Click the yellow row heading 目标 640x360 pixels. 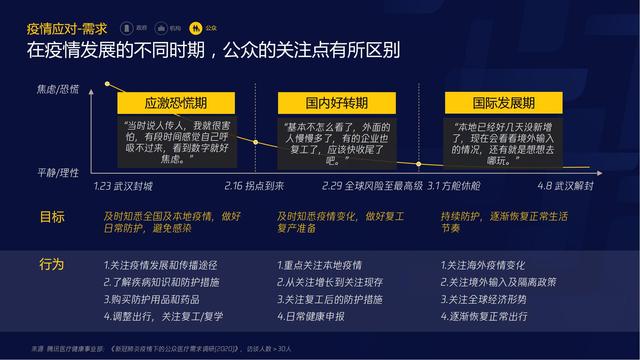[x=52, y=216]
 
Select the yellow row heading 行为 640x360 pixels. [x=52, y=265]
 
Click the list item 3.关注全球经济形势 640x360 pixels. [x=487, y=298]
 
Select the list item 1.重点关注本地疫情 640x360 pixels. [x=326, y=265]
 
